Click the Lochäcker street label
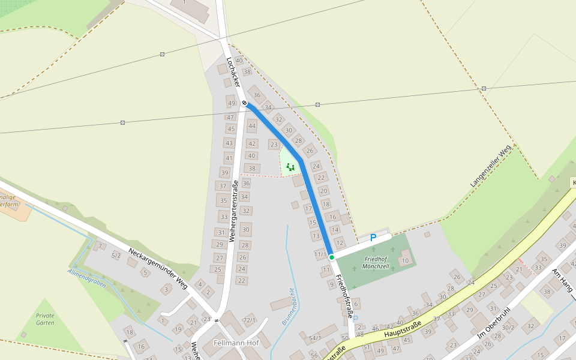coord(233,72)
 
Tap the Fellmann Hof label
coord(236,343)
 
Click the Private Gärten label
coord(45,319)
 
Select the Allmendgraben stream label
coord(87,278)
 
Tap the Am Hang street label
coord(563,280)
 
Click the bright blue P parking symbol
coord(373,238)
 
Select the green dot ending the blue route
coord(331,257)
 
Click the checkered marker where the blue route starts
coord(245,103)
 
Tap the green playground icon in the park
coord(290,167)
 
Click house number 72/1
coord(249,320)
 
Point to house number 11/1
coord(320,254)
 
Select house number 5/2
coord(116,256)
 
